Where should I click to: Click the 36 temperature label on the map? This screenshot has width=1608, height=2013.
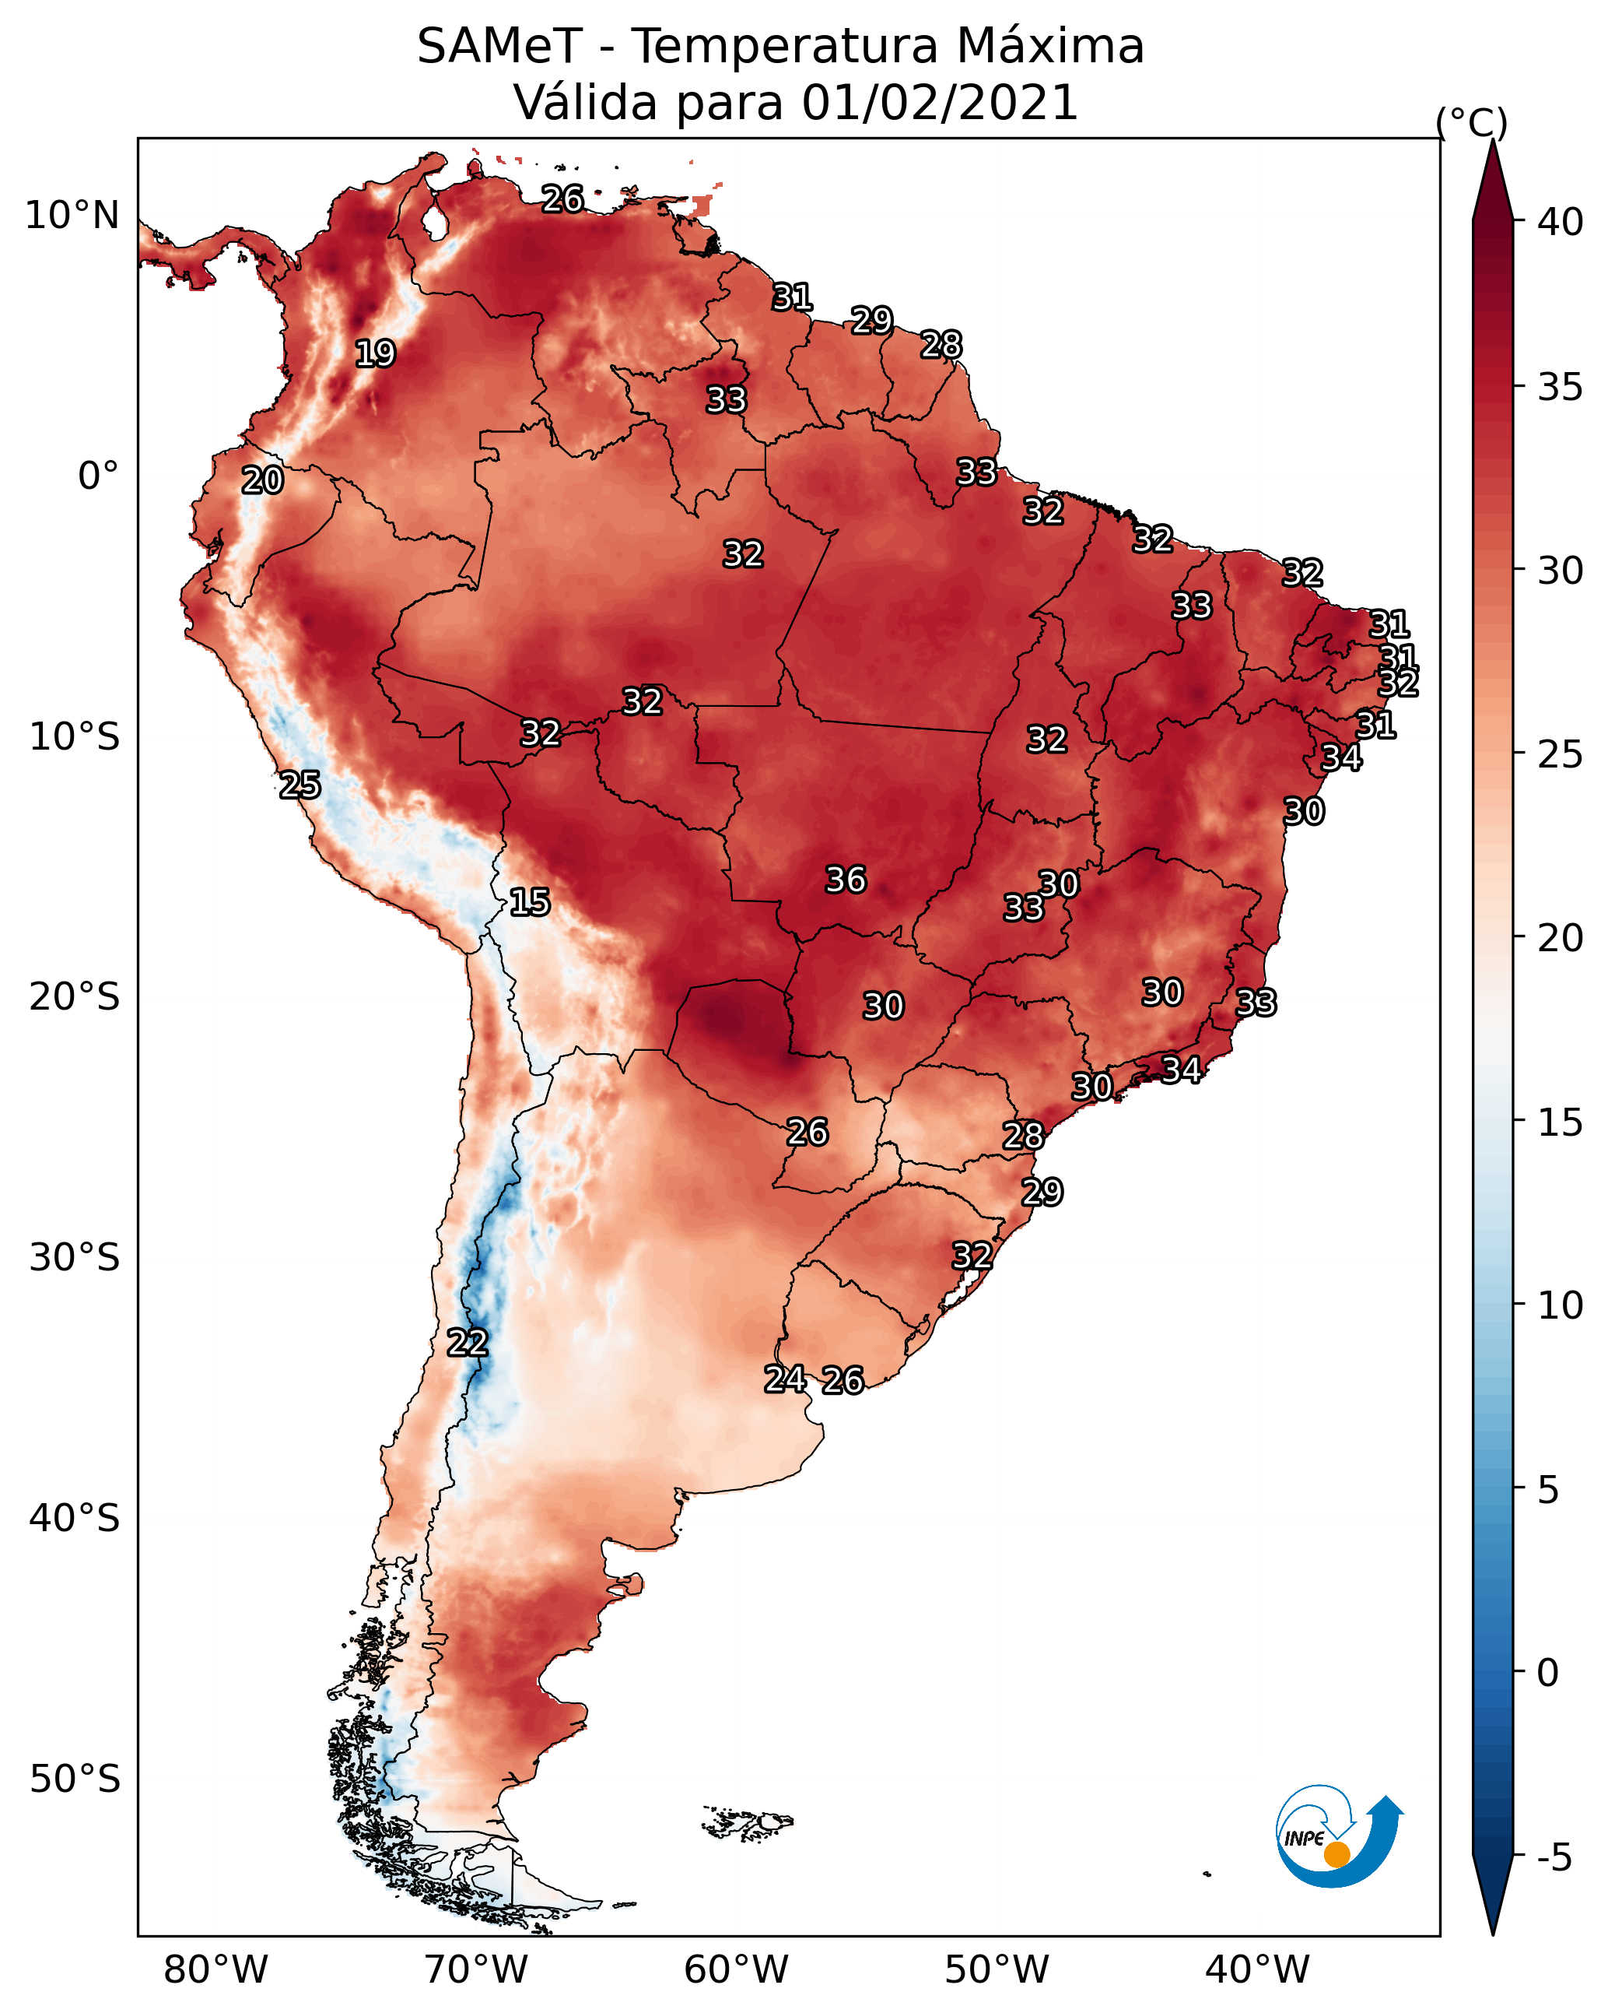[846, 880]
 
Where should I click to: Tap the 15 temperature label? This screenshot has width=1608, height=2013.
[529, 902]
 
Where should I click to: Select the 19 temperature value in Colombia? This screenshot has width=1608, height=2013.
[375, 354]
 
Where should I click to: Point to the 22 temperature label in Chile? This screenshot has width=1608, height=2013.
[468, 1343]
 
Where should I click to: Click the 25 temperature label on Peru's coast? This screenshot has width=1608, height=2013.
[300, 785]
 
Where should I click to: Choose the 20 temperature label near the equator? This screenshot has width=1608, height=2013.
[262, 481]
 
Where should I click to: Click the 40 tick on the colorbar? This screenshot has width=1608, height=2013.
[1560, 222]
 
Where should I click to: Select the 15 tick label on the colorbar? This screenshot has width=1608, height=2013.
[1560, 1122]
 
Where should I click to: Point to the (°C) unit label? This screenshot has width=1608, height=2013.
[1471, 122]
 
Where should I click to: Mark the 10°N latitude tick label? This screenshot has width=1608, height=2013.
[72, 216]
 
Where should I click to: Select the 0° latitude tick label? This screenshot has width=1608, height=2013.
[98, 476]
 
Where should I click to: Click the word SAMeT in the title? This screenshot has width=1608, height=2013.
[499, 47]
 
